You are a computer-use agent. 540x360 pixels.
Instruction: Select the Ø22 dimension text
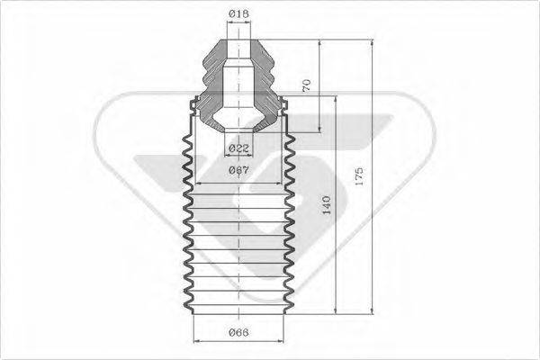point(239,147)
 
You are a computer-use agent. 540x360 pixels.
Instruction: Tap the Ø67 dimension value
point(239,169)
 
